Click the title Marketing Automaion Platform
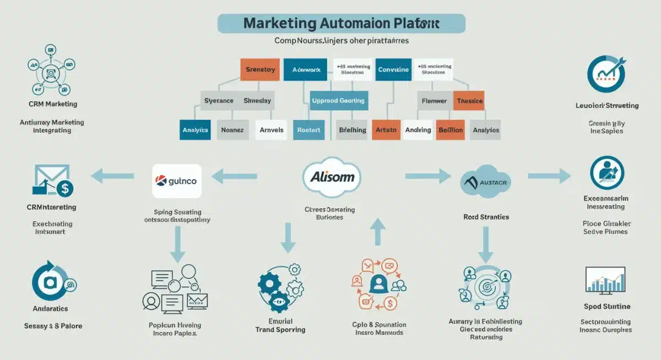[x=342, y=24]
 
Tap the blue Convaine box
[x=393, y=70]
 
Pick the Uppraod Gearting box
[x=338, y=101]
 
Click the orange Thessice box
[x=469, y=101]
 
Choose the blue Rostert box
[x=309, y=130]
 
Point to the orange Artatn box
[x=386, y=130]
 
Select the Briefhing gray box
[x=352, y=130]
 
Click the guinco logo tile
[x=177, y=181]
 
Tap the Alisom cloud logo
[x=332, y=177]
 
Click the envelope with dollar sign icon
[x=52, y=181]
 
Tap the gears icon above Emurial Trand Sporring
[x=280, y=287]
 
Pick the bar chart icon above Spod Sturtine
[x=605, y=280]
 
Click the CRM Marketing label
[x=52, y=104]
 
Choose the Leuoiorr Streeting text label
[x=606, y=105]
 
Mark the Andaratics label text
[x=51, y=309]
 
